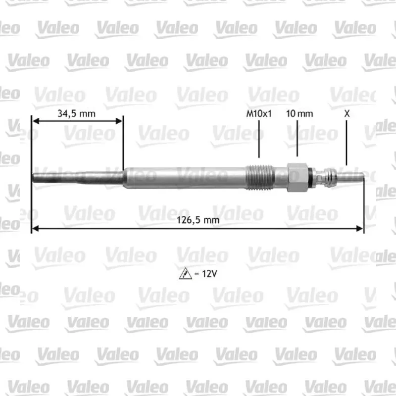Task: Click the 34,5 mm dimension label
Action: pyautogui.click(x=77, y=114)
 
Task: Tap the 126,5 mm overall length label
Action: pyautogui.click(x=198, y=220)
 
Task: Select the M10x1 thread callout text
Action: pyautogui.click(x=259, y=114)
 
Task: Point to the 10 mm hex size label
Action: pyautogui.click(x=299, y=114)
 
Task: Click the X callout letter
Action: pyautogui.click(x=347, y=114)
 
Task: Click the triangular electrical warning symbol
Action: pyautogui.click(x=185, y=274)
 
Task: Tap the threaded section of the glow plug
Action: pyautogui.click(x=259, y=177)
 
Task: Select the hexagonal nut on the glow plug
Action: pyautogui.click(x=298, y=177)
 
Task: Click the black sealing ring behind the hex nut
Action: pyautogui.click(x=311, y=177)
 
